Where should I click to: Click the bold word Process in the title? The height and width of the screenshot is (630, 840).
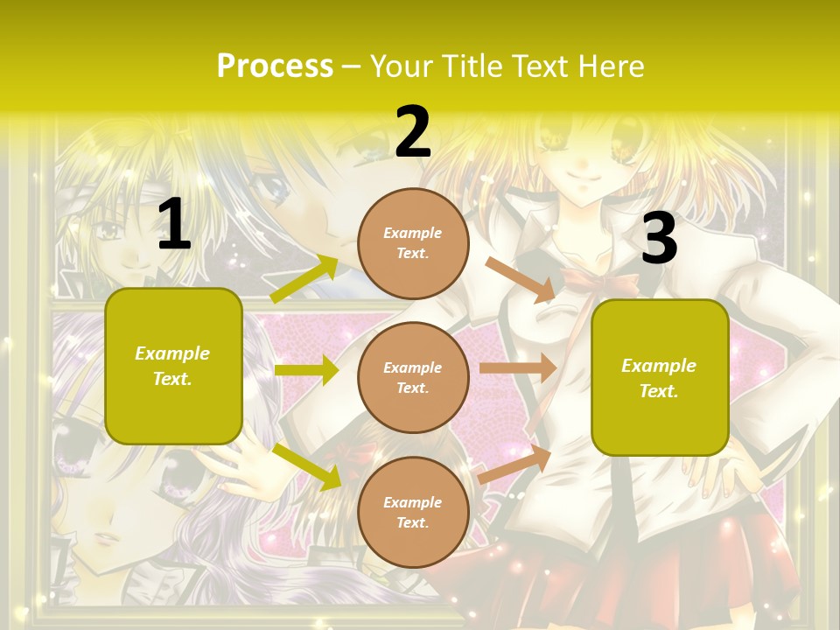pyautogui.click(x=275, y=66)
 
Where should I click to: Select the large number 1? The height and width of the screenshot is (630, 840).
pyautogui.click(x=174, y=225)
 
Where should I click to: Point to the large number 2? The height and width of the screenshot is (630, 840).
pyautogui.click(x=413, y=132)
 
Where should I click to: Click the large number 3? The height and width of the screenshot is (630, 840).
pyautogui.click(x=659, y=239)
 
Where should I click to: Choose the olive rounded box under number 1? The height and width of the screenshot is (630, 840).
pyautogui.click(x=173, y=366)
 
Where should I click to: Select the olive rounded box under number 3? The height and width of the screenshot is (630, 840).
pyautogui.click(x=660, y=377)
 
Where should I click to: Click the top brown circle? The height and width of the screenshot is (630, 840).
pyautogui.click(x=413, y=243)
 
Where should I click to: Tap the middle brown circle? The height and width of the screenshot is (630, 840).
pyautogui.click(x=413, y=377)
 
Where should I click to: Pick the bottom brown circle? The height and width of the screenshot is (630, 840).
pyautogui.click(x=413, y=512)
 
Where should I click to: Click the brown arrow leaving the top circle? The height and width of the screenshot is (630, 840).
pyautogui.click(x=520, y=279)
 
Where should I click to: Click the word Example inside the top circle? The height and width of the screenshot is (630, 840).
pyautogui.click(x=413, y=234)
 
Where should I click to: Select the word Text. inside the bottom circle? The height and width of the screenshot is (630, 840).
pyautogui.click(x=413, y=522)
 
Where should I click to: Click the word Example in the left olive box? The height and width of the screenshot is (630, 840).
pyautogui.click(x=172, y=353)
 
